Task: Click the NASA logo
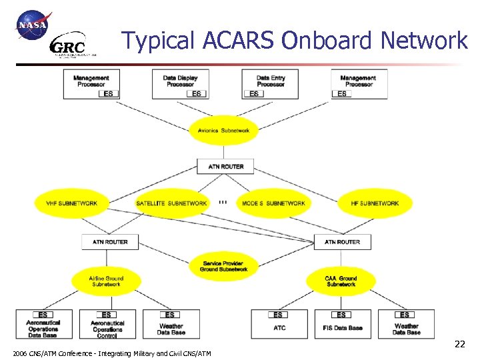[x=32, y=25]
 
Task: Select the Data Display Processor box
[x=180, y=84]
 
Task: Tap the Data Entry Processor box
[x=271, y=84]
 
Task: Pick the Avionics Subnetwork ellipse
[x=224, y=131]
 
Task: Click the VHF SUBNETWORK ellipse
[x=71, y=203]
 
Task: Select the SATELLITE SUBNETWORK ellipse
[x=171, y=203]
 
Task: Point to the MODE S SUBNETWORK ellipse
[x=273, y=203]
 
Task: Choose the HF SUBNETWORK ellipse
[x=375, y=203]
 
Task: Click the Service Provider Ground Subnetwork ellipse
[x=224, y=266]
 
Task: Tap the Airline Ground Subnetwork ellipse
[x=107, y=281]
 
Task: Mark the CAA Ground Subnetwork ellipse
[x=341, y=281]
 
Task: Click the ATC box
[x=279, y=324]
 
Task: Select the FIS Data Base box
[x=342, y=324]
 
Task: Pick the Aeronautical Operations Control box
[x=107, y=324]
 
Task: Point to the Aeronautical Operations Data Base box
[x=44, y=324]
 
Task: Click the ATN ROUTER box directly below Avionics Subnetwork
[x=226, y=166]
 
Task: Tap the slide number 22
[x=459, y=344]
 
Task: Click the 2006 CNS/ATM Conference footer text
[x=111, y=353]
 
